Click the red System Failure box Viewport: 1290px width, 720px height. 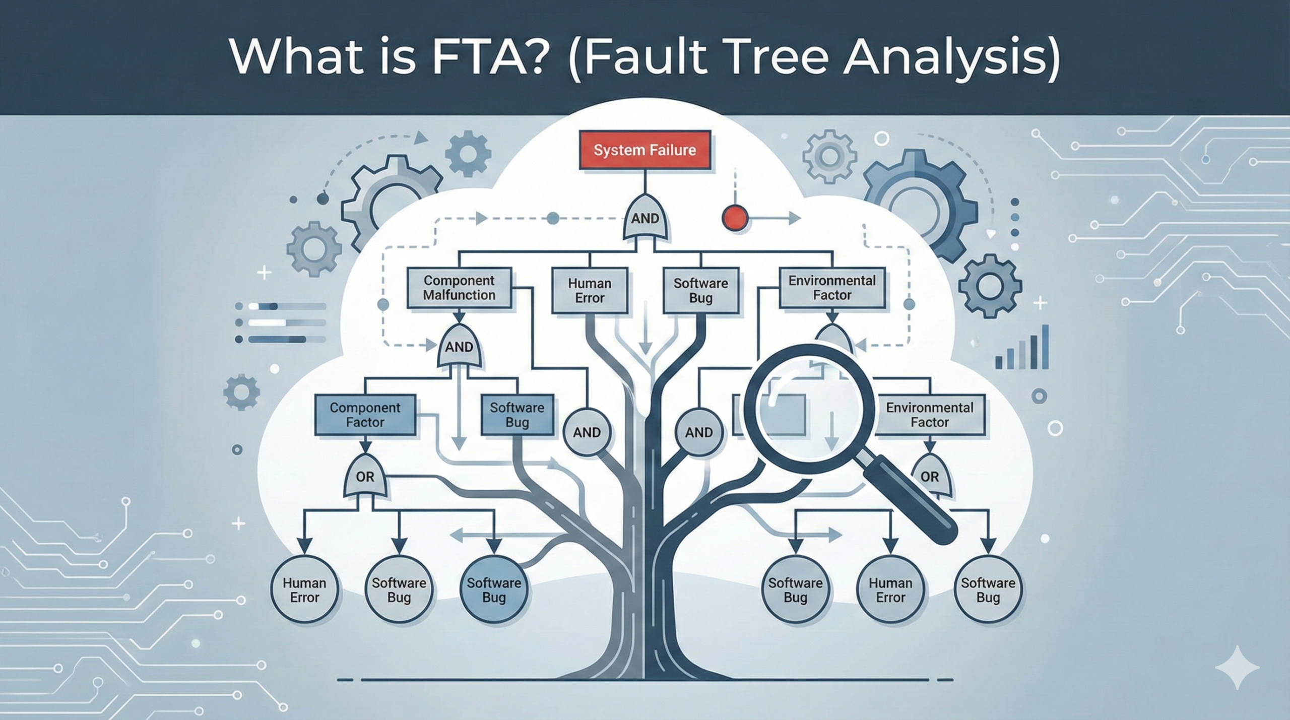pos(644,150)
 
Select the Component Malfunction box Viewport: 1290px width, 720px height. pos(459,288)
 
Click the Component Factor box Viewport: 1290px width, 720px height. pos(365,415)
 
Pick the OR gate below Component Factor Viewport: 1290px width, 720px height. pos(365,477)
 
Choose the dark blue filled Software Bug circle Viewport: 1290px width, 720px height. pos(494,590)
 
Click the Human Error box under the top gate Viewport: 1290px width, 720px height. pos(590,291)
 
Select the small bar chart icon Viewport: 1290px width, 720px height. pos(1022,348)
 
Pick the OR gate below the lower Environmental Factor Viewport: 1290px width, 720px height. pos(930,477)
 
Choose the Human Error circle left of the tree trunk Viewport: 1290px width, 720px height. pos(304,590)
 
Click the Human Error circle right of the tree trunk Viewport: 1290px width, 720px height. pos(890,590)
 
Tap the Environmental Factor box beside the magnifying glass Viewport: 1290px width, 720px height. pos(929,415)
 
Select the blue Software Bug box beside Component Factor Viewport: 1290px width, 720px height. pos(517,415)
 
